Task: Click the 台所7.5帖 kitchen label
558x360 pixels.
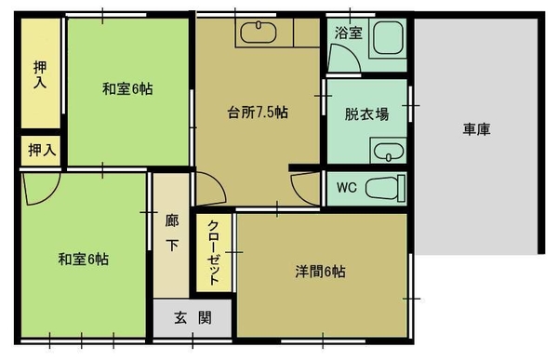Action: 258,113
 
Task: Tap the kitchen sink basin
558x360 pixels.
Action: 259,33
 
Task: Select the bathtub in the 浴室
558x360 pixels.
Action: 388,38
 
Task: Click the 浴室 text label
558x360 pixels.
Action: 348,33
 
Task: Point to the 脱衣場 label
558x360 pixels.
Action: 366,114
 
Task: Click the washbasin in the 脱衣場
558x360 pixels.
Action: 388,151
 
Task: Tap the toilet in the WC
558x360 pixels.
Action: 386,188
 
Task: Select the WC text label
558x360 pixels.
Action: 347,188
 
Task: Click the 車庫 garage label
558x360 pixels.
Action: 476,129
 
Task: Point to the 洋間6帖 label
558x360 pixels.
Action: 320,272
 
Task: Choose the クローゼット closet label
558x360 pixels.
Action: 214,252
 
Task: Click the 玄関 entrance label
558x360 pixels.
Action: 193,317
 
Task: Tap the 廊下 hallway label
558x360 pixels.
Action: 172,233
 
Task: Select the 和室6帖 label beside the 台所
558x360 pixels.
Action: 127,88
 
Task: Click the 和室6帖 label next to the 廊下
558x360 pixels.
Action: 84,259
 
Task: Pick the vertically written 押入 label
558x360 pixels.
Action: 40,74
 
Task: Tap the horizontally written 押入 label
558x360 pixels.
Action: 42,150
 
